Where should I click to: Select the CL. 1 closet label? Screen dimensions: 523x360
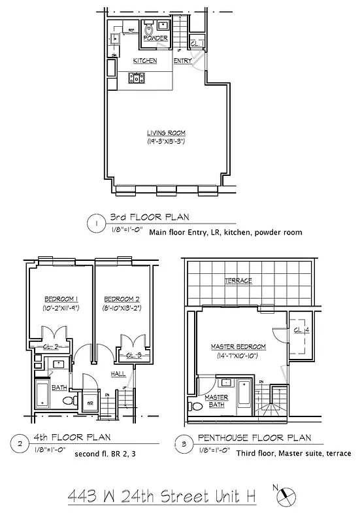(197, 43)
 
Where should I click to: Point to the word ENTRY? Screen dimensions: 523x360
(182, 61)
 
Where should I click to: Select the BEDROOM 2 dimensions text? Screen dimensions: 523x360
(120, 307)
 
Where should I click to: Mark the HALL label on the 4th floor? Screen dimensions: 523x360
(118, 373)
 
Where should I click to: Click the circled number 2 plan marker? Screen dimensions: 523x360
(21, 445)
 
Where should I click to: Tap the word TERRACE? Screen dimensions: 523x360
(238, 280)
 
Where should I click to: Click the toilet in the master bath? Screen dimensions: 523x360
(197, 406)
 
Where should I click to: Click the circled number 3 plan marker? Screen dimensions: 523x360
(182, 445)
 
